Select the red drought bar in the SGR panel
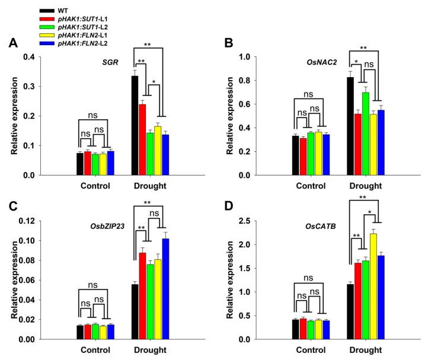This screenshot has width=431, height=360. point(142,140)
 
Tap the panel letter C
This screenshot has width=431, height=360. point(12,207)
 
